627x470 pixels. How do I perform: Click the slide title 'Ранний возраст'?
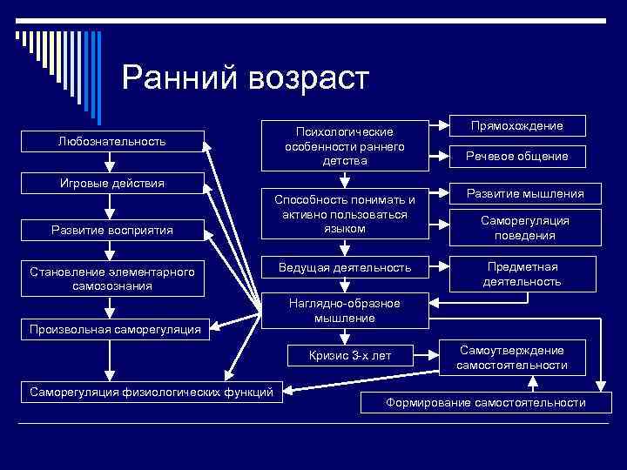click(246, 78)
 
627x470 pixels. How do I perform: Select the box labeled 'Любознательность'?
click(111, 141)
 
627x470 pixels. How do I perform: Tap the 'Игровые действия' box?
click(111, 184)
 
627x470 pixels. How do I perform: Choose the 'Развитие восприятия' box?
click(111, 230)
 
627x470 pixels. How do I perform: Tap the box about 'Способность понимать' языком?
click(345, 214)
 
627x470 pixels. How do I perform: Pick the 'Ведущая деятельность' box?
click(345, 266)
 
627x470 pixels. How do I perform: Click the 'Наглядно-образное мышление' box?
click(345, 311)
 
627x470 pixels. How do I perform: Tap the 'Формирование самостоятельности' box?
click(486, 403)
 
